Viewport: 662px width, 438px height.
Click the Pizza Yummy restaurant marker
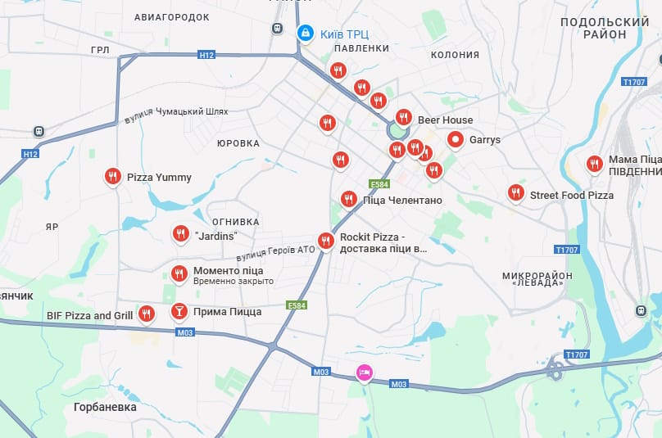point(113,176)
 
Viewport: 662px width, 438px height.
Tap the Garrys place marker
point(456,140)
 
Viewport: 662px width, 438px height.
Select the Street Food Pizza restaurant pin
point(515,192)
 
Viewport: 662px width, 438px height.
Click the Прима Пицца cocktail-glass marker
point(179,311)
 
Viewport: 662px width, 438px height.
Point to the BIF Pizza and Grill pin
point(146,313)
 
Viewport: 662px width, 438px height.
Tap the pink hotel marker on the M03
point(365,373)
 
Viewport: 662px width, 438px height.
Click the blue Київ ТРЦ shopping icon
point(305,33)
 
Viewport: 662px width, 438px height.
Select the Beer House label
point(445,120)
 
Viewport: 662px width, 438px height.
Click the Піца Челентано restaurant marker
point(348,198)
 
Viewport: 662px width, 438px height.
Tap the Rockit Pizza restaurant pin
point(326,241)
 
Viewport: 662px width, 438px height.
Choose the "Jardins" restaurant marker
point(181,234)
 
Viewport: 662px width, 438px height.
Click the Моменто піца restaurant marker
point(179,273)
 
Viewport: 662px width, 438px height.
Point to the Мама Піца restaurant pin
point(595,164)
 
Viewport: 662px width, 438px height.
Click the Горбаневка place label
point(105,407)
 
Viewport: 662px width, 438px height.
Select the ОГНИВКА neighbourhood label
point(235,222)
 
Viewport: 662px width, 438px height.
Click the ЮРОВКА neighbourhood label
point(238,143)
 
